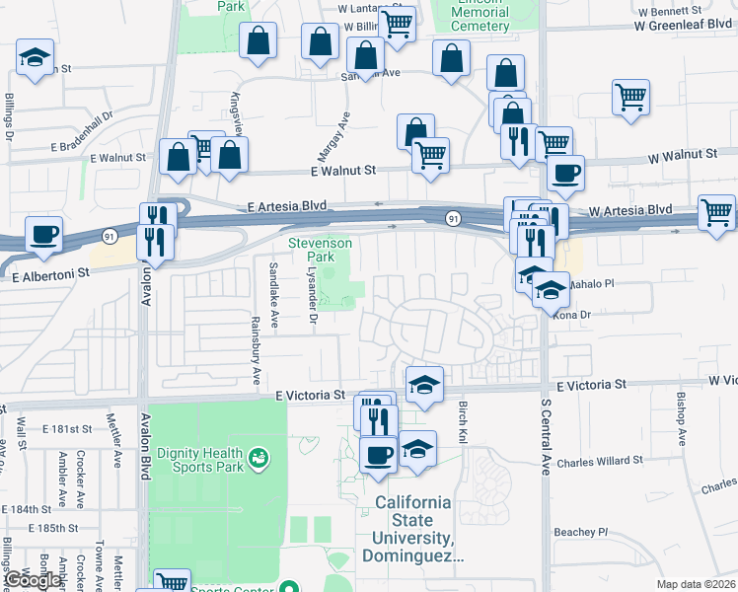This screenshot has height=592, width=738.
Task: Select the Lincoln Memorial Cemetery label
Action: click(484, 17)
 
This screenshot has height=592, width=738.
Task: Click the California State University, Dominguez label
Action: click(411, 529)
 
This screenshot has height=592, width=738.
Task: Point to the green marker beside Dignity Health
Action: click(258, 458)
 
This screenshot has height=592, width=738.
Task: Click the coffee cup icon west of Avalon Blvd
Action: click(43, 234)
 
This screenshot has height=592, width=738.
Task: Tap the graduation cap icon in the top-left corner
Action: click(35, 57)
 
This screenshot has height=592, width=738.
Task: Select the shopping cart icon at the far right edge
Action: click(716, 210)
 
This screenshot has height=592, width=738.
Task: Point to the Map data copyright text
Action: click(696, 584)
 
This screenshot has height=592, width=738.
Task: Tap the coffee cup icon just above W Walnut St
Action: click(565, 173)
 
